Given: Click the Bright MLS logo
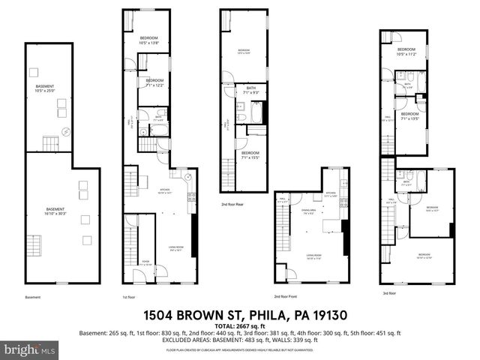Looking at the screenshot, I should click(29, 350).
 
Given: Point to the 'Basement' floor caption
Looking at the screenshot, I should click(32, 298).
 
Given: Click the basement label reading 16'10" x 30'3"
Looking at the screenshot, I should click(55, 211).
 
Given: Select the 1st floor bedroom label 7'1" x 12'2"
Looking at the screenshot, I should click(154, 82).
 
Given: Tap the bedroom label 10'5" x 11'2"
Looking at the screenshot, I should click(406, 52).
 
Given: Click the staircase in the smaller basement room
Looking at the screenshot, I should click(50, 142).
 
